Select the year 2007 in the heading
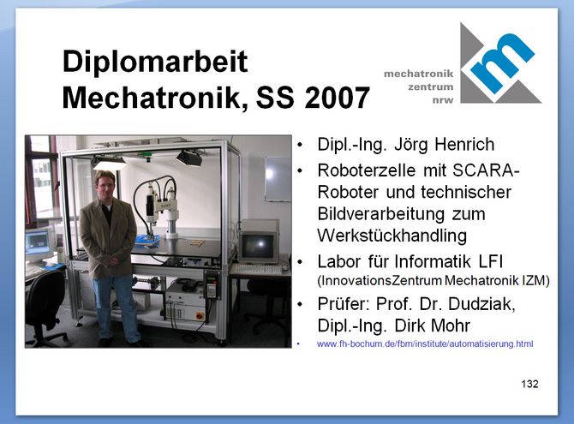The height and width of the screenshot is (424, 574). pyautogui.click(x=338, y=98)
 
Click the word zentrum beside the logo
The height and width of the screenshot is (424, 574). pyautogui.click(x=430, y=87)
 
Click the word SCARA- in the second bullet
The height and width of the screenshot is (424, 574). pyautogui.click(x=486, y=170)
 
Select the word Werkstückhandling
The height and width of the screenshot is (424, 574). pyautogui.click(x=392, y=236)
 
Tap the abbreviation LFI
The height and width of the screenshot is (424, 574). pyautogui.click(x=491, y=261)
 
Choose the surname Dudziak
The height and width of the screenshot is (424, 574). pyautogui.click(x=481, y=304)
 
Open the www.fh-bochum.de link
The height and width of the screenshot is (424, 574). pyautogui.click(x=425, y=343)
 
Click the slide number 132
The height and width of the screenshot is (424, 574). pyautogui.click(x=529, y=384)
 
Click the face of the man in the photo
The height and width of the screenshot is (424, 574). pyautogui.click(x=105, y=183)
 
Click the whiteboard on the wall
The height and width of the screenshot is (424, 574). pyautogui.click(x=278, y=179)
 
